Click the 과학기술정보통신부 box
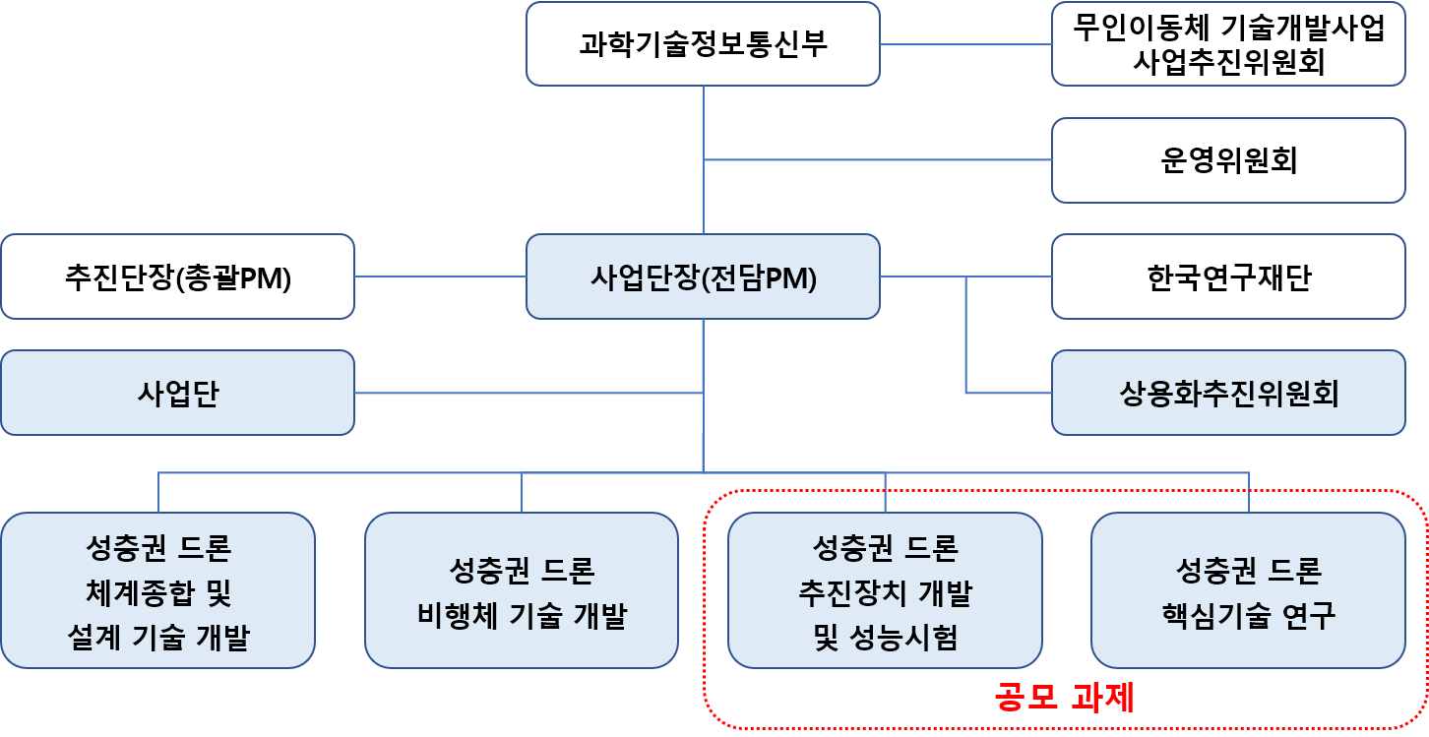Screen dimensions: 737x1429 tap(703, 44)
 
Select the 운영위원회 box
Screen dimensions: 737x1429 tap(1228, 160)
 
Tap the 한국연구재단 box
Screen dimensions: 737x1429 tap(1228, 276)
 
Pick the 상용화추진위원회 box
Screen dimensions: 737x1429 tap(1228, 393)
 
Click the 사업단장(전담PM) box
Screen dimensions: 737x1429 tap(703, 276)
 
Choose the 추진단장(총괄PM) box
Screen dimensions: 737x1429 tap(177, 276)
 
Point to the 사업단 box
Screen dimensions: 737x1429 tap(177, 393)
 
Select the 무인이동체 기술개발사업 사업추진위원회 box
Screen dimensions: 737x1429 tap(1228, 44)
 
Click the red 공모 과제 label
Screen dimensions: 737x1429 tap(1064, 698)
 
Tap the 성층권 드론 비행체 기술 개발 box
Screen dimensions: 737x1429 tap(522, 590)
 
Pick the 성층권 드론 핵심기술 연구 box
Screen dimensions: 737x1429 tap(1248, 590)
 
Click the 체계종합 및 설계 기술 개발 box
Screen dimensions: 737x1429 tap(158, 590)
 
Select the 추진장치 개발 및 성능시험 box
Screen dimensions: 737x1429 tap(885, 590)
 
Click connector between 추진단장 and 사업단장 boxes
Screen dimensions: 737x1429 tap(440, 276)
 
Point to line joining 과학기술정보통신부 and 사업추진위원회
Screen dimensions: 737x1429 tap(965, 44)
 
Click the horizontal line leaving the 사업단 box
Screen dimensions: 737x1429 tap(528, 393)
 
